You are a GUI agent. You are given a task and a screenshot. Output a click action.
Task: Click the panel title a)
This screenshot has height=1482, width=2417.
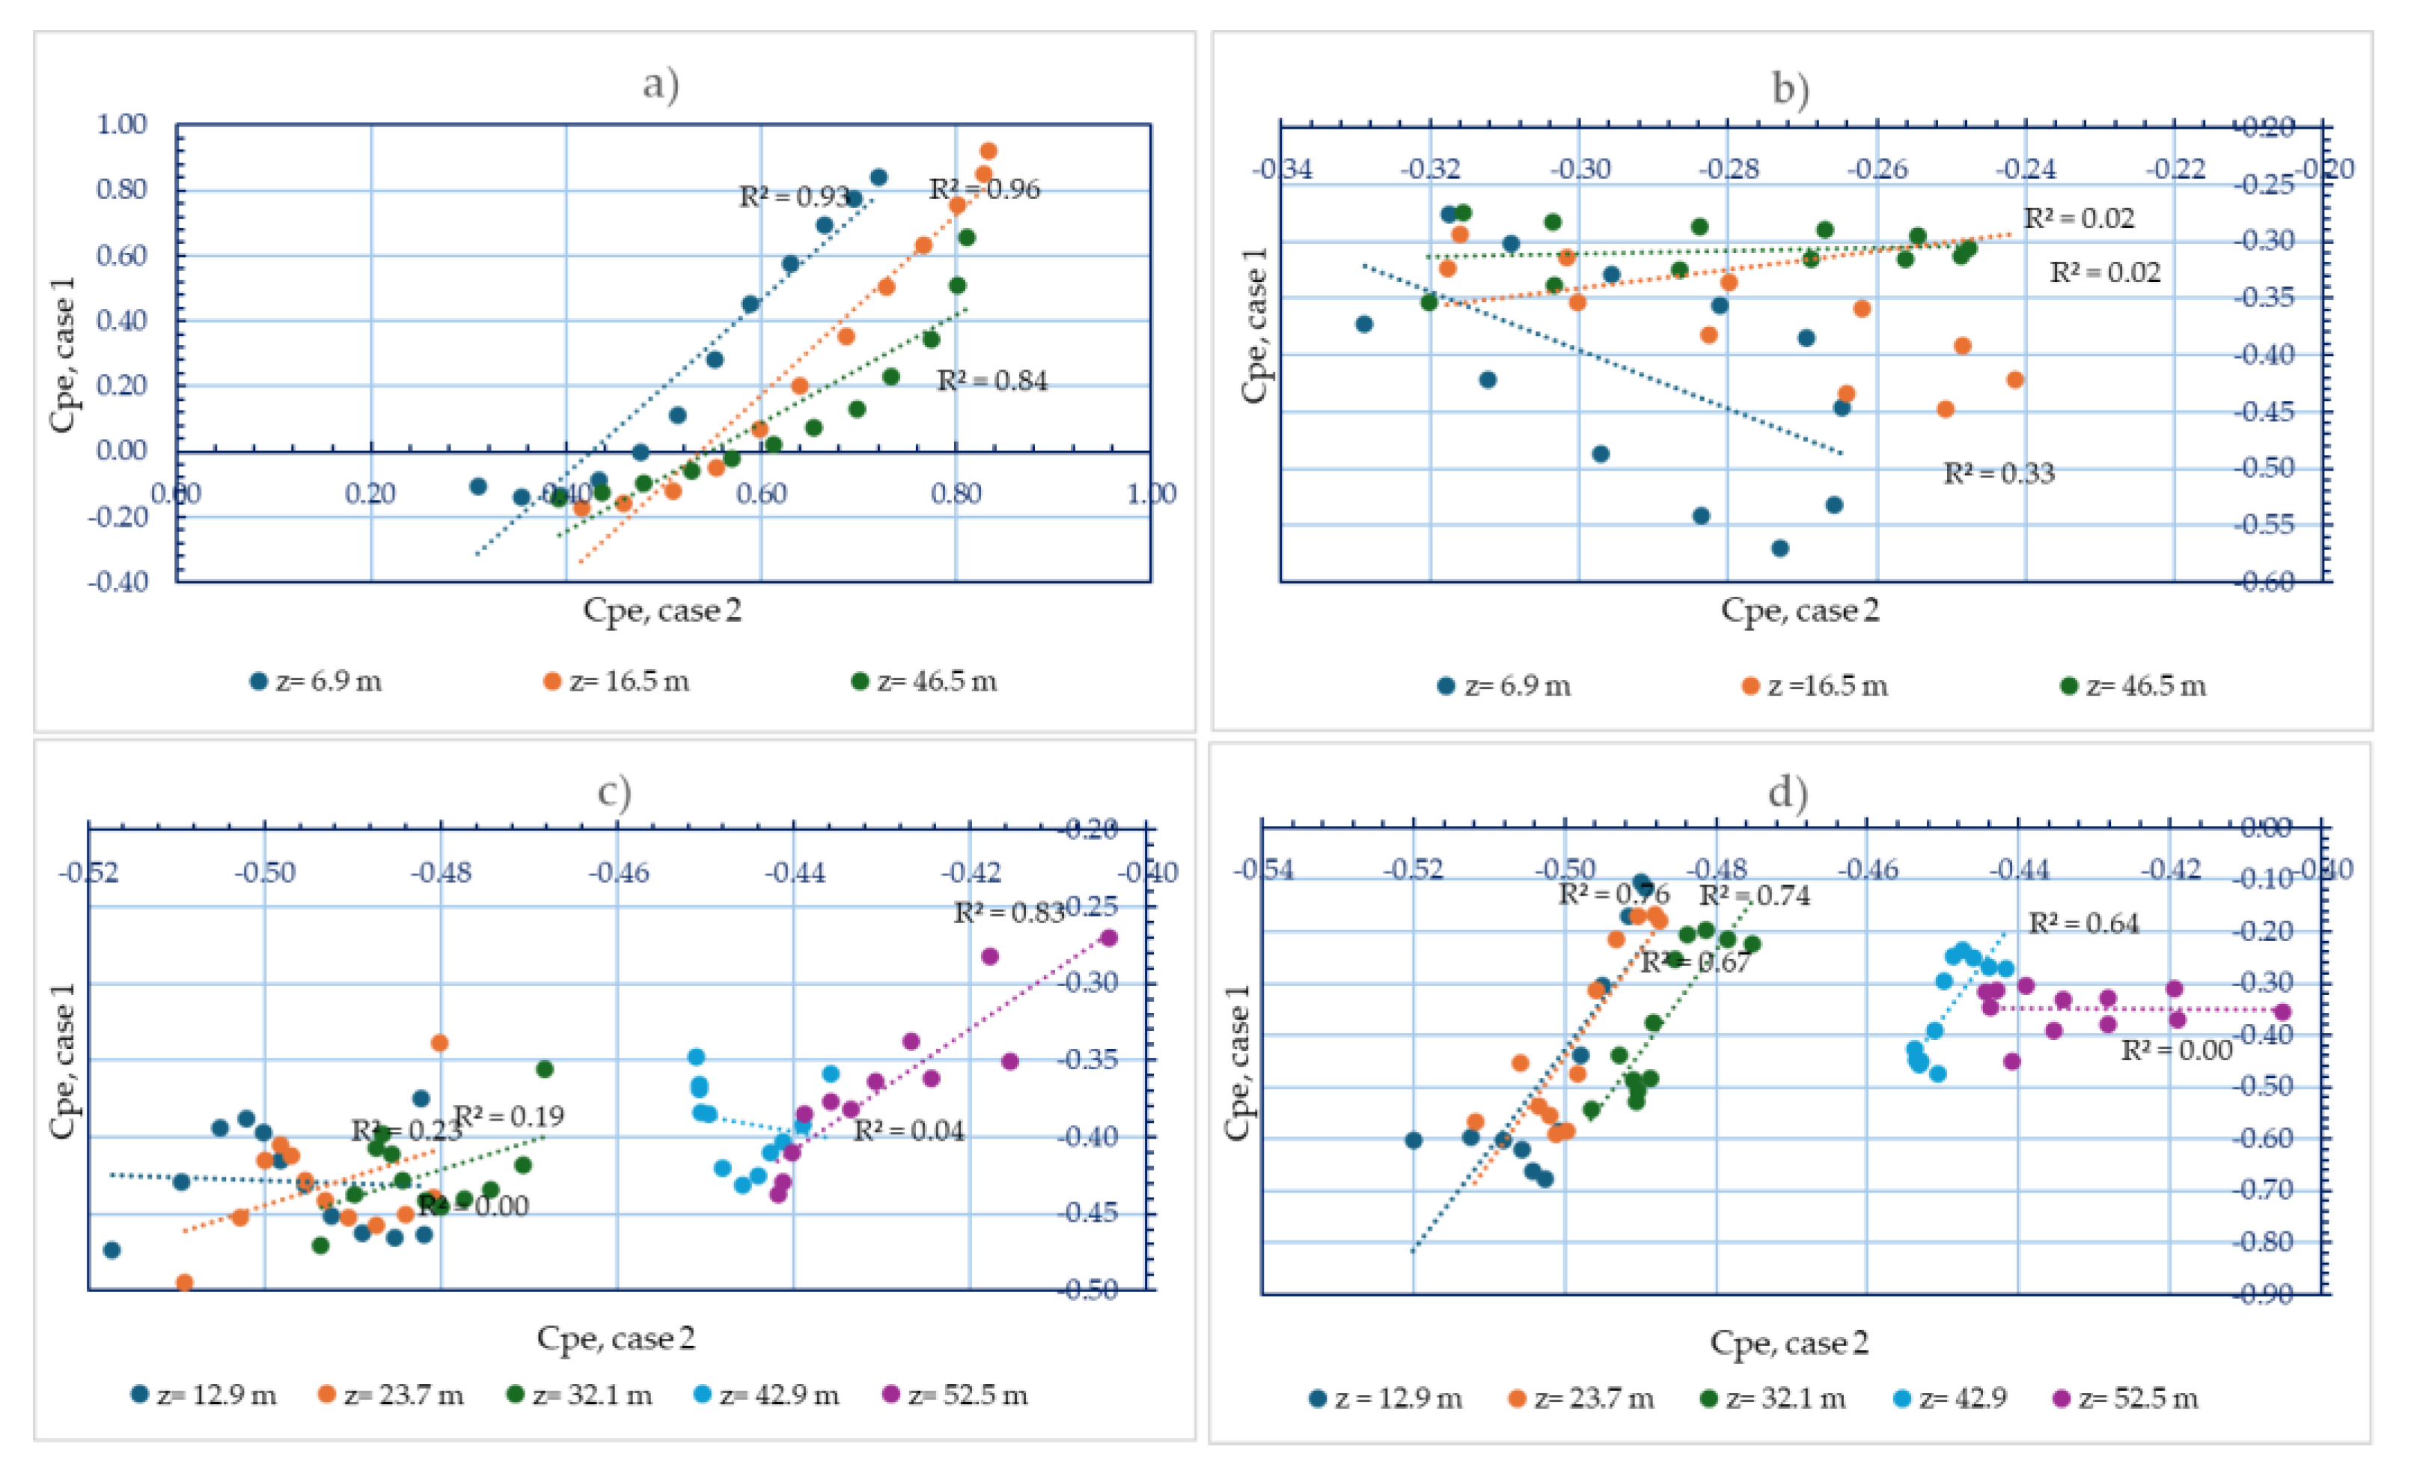[660, 85]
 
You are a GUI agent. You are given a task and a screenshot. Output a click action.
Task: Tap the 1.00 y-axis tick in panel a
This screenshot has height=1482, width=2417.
[122, 125]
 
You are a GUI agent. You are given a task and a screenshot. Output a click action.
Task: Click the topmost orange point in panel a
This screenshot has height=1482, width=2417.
[988, 151]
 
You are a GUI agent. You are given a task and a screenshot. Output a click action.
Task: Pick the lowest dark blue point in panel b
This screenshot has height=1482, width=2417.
[1779, 548]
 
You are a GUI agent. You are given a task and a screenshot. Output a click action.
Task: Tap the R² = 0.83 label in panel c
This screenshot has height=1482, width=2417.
[1009, 913]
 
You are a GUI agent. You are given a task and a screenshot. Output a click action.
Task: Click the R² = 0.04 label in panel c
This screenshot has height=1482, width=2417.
[908, 1131]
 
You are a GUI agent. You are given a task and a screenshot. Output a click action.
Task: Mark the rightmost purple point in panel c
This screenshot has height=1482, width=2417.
[1108, 937]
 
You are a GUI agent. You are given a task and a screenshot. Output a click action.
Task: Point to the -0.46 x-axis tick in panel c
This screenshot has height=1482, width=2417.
[618, 872]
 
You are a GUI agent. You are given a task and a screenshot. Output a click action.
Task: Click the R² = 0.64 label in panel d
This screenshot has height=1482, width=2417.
[2083, 923]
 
